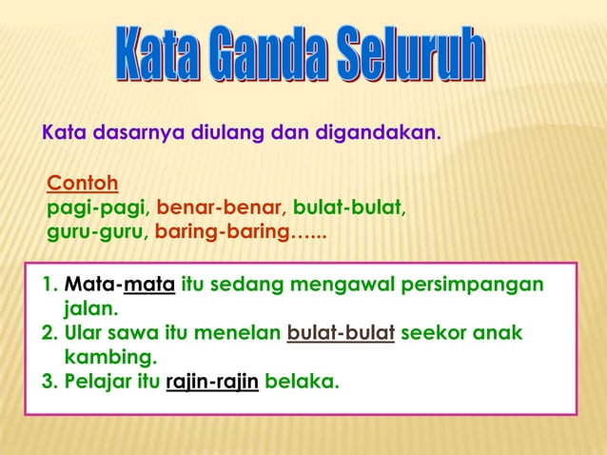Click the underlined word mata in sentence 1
point(148,286)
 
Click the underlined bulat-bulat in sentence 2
point(341,334)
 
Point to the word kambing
point(108,358)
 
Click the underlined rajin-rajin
point(212,383)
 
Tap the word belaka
point(302,383)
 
